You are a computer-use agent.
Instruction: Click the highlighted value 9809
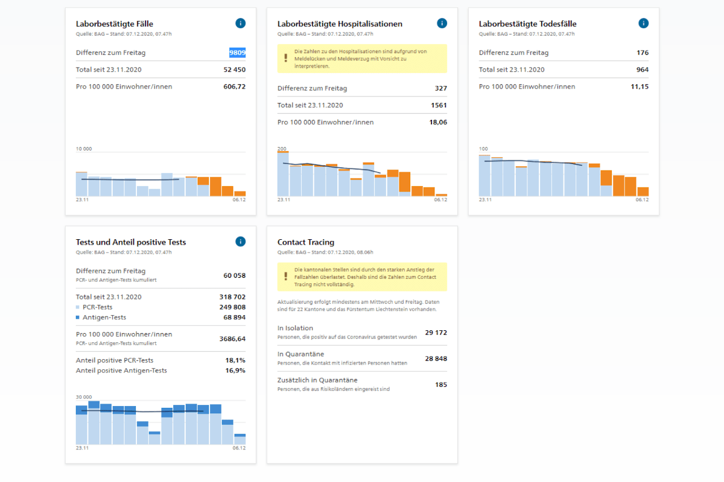click(237, 52)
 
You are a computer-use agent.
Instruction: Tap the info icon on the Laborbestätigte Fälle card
click(241, 23)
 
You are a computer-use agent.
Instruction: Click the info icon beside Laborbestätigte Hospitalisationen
click(442, 23)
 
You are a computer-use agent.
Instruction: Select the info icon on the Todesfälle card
click(644, 23)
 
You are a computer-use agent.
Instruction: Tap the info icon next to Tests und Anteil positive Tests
click(241, 242)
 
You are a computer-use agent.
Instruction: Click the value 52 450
click(234, 70)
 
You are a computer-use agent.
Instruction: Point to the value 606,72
click(234, 87)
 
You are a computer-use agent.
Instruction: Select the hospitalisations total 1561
click(439, 105)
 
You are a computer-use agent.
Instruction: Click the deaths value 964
click(642, 70)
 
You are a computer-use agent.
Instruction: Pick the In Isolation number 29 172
click(436, 333)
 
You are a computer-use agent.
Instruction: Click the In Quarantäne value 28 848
click(436, 358)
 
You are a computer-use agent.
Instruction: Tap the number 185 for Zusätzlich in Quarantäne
click(441, 384)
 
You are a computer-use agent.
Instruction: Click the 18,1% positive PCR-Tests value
click(235, 360)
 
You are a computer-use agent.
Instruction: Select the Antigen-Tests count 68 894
click(234, 318)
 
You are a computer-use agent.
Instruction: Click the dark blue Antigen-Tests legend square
click(78, 318)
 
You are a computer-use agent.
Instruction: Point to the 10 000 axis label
click(84, 149)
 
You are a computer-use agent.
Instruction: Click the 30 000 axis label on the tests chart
click(84, 397)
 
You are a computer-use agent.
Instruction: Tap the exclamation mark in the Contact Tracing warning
click(286, 277)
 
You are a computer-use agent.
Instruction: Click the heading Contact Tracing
click(306, 242)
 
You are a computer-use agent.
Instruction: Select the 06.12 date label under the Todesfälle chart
click(642, 200)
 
